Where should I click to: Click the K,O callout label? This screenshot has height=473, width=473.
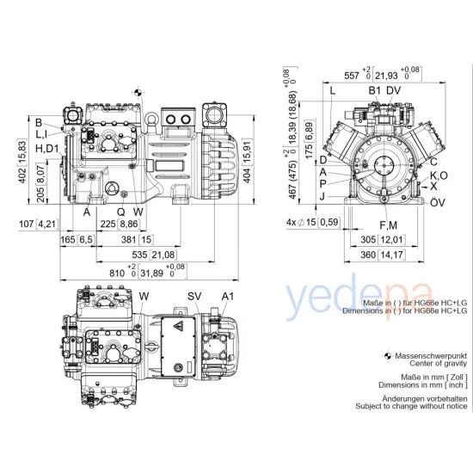coord(439,175)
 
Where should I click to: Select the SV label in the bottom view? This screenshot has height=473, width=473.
coord(193,297)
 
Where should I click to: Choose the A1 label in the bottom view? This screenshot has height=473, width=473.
coord(227,297)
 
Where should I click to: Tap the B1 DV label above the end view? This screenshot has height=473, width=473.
coord(385,89)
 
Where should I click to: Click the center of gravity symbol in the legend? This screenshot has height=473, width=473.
coord(386,355)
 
